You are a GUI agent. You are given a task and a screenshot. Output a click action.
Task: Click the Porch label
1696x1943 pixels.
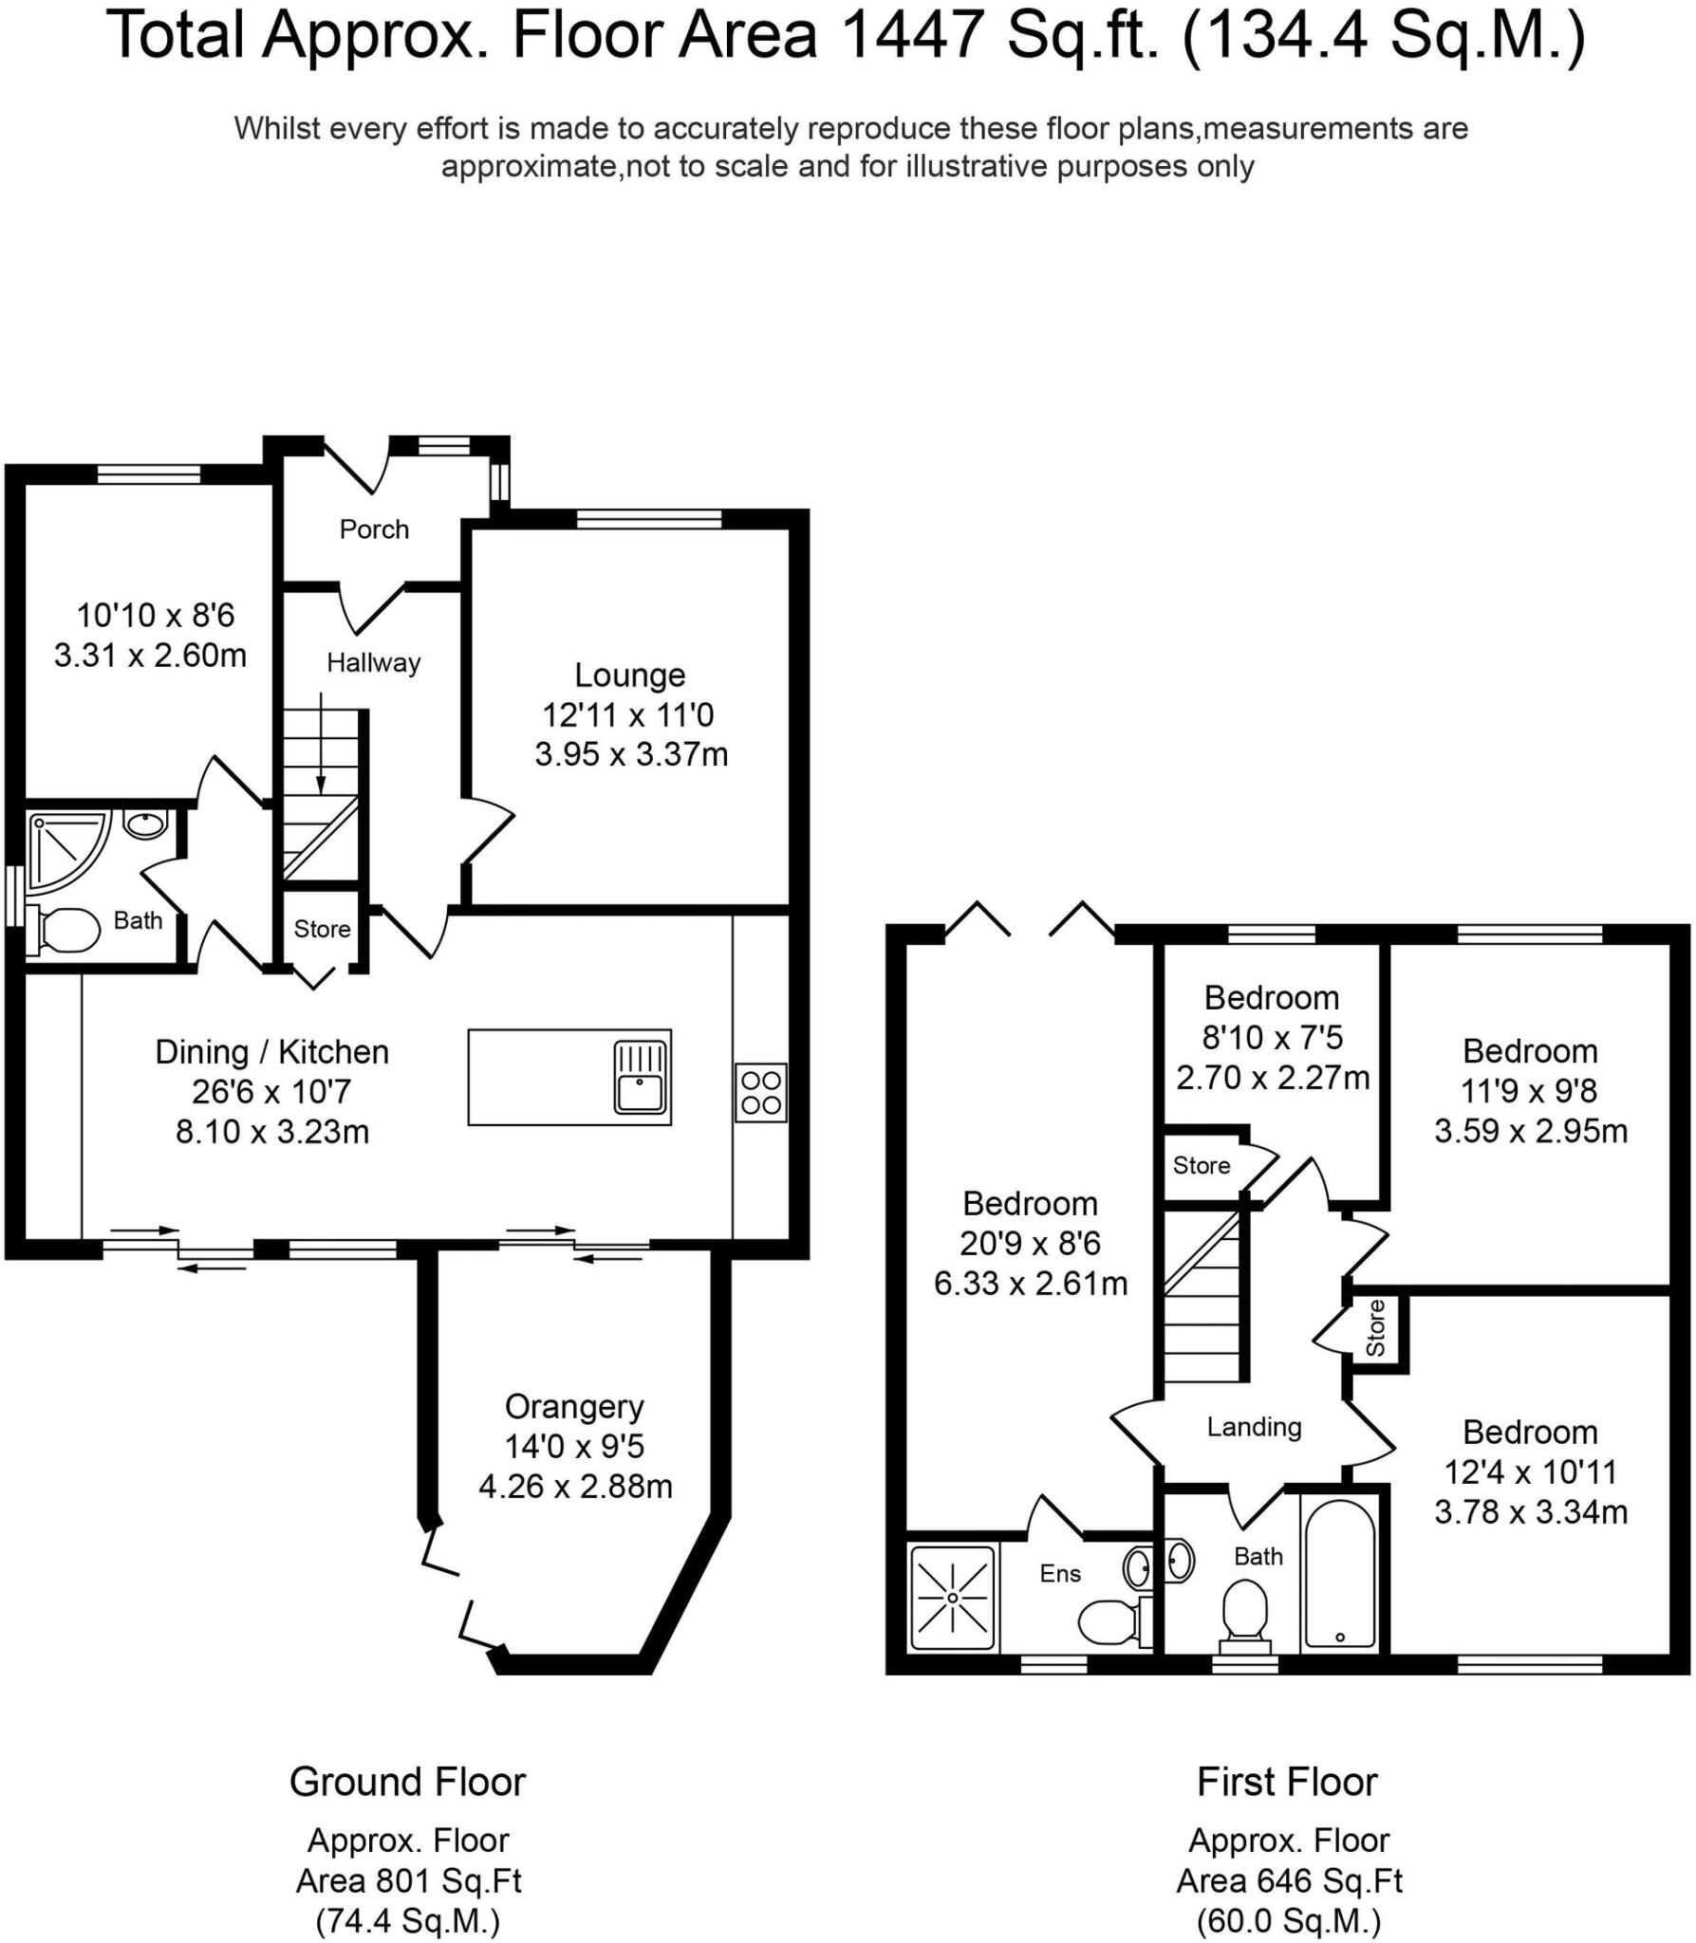374,529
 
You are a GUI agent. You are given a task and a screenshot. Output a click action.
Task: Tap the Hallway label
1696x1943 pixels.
373,662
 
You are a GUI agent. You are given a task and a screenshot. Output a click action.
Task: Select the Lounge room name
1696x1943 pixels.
629,675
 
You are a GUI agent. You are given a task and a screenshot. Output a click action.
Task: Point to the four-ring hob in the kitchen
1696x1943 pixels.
760,1092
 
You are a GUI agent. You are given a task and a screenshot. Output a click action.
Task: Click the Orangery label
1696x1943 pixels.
574,1406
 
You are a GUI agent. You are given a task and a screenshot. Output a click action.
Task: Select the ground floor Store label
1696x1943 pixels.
322,929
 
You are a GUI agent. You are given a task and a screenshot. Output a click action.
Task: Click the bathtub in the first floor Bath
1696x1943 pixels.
1339,1576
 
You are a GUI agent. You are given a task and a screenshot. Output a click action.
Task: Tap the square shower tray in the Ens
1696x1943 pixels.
952,1598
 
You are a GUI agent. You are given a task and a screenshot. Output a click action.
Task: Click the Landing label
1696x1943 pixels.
1254,1427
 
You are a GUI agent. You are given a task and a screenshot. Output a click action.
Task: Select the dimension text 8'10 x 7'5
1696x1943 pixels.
1272,1038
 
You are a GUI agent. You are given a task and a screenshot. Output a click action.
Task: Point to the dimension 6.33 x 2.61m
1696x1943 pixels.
1031,1284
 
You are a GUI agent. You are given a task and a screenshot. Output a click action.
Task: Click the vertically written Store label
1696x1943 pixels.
1375,1328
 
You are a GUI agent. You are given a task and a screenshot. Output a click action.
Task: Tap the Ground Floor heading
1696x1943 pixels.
407,1782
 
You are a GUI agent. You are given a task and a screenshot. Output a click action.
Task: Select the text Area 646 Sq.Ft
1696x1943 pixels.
1289,1880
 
